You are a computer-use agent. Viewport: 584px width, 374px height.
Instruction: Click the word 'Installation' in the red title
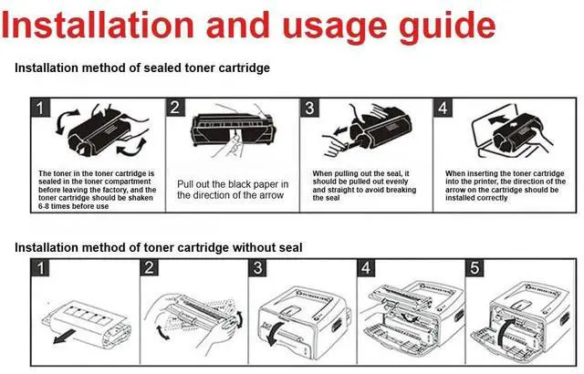(x=98, y=25)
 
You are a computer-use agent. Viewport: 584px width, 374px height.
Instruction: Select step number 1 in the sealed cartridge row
(x=40, y=108)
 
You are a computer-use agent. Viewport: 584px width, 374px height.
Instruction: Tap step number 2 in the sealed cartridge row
(x=174, y=108)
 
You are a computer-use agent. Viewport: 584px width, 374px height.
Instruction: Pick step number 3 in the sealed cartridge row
(x=309, y=108)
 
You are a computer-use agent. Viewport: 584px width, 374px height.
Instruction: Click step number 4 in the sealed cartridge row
(x=443, y=108)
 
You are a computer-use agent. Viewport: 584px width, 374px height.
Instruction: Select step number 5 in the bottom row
(x=474, y=268)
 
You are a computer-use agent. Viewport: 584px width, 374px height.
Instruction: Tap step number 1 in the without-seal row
(x=40, y=268)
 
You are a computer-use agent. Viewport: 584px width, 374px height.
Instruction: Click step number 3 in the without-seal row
(x=257, y=268)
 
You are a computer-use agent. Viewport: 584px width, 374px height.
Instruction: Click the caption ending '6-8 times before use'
(x=98, y=190)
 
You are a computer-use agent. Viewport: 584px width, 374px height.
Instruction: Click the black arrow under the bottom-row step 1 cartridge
(x=65, y=337)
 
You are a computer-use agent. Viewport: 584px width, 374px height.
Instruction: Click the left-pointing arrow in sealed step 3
(x=341, y=131)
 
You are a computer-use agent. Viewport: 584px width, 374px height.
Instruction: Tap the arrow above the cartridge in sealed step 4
(x=496, y=119)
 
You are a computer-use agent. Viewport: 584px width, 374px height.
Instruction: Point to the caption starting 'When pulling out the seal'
(x=365, y=186)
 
